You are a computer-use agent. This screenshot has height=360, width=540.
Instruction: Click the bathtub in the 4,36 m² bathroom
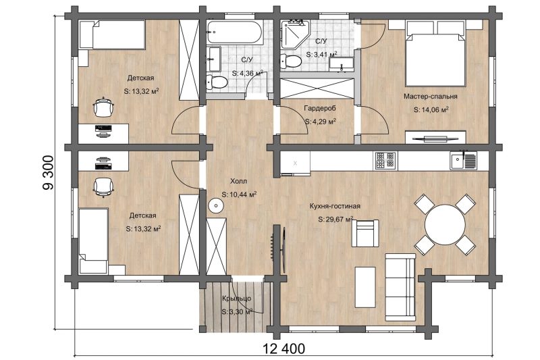[x=234, y=32]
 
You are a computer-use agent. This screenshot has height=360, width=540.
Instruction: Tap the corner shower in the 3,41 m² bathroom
[x=294, y=33]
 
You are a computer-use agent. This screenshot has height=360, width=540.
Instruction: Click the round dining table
[x=445, y=225]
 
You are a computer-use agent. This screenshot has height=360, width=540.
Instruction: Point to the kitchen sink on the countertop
[x=464, y=161]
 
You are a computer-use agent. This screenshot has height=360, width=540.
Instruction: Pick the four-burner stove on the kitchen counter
[x=385, y=161]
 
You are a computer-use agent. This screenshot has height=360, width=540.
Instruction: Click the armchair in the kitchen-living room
[x=365, y=233]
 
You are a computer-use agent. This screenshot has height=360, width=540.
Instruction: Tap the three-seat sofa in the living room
[x=400, y=287]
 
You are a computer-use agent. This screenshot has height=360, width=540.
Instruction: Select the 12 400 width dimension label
[x=284, y=349]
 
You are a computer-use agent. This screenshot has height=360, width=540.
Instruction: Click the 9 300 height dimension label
[x=48, y=173]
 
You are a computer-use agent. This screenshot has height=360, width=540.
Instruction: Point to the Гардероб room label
[x=319, y=108]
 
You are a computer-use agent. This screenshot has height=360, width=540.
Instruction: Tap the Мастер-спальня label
[x=431, y=97]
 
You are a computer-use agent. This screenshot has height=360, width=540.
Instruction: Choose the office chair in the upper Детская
[x=103, y=107]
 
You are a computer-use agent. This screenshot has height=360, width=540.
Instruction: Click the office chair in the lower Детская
[x=103, y=186]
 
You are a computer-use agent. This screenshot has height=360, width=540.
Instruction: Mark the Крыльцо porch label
[x=237, y=299]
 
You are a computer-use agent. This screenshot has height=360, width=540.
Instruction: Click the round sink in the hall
[x=216, y=205]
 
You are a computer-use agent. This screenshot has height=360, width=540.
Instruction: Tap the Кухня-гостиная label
[x=335, y=206]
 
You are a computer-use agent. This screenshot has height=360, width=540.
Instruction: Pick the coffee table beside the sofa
[x=365, y=287]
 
